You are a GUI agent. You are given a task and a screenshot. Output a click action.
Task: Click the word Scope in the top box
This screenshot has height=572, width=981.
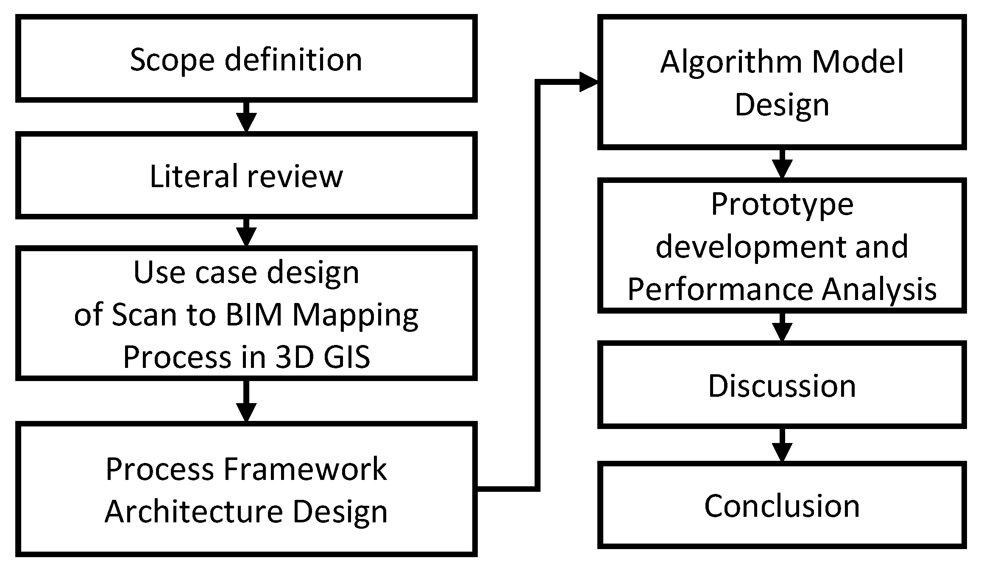172,60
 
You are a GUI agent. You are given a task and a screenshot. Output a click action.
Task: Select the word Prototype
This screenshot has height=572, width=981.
782,205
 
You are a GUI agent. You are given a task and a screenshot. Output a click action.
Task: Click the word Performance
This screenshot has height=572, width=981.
719,289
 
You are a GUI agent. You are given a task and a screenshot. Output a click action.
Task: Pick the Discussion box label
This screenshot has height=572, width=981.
782,386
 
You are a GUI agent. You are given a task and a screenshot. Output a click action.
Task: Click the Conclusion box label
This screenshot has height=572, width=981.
782,506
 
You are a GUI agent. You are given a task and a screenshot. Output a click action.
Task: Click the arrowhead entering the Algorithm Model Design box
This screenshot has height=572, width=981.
588,82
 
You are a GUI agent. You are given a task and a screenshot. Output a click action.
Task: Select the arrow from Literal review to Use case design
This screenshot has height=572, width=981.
246,233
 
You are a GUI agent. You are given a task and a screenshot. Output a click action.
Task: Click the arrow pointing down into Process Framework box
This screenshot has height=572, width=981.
246,401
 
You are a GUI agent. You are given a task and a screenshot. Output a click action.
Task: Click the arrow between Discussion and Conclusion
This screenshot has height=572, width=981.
782,446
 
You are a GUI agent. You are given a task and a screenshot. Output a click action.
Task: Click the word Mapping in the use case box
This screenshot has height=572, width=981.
355,316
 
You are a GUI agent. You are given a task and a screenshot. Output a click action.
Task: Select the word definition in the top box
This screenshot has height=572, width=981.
293,60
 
